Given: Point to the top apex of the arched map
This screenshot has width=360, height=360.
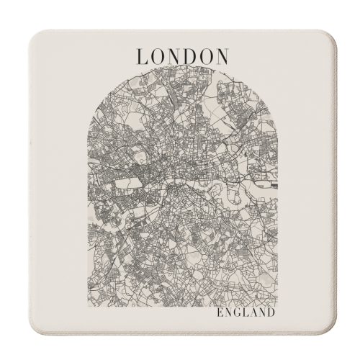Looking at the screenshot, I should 180,70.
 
